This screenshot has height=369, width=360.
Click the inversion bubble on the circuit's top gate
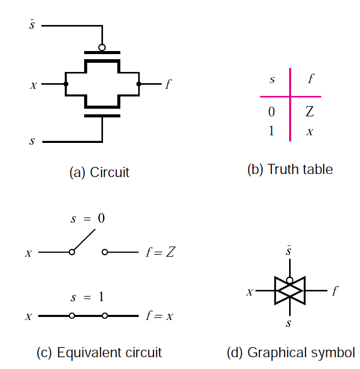click(102, 47)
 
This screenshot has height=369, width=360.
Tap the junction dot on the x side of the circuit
click(66, 84)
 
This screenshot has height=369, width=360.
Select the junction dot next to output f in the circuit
click(138, 84)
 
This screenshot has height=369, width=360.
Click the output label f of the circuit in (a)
click(168, 84)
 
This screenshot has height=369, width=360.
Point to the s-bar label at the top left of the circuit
click(32, 24)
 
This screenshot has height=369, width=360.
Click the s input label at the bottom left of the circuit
click(32, 141)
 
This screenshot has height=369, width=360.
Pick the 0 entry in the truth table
click(271, 112)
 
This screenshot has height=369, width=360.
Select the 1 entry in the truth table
click(271, 131)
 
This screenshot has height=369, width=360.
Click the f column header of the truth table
click(311, 80)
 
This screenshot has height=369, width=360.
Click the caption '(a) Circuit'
click(99, 172)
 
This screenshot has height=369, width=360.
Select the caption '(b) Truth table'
click(290, 169)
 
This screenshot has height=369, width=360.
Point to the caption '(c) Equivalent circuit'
click(99, 352)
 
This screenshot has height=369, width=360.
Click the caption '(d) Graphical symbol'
click(291, 352)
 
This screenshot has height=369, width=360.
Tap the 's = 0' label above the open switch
click(88, 219)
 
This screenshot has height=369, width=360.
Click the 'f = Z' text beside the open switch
click(160, 252)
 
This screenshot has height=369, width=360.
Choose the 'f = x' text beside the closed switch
click(159, 316)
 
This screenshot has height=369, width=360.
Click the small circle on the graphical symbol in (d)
click(290, 280)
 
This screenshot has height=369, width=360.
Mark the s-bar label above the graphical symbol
click(290, 252)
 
